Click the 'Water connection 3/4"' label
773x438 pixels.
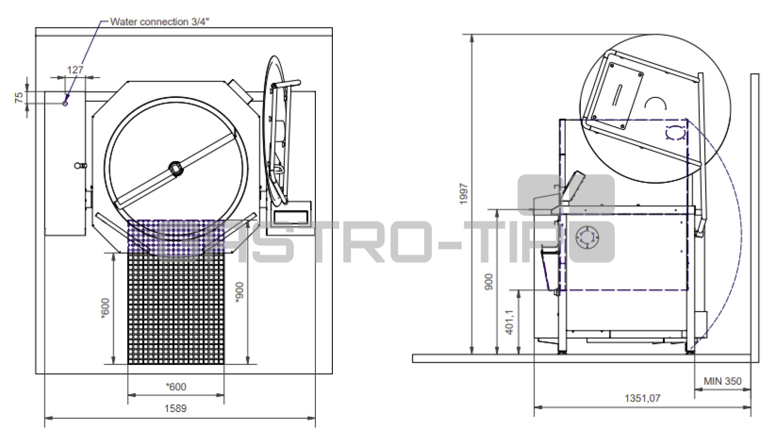tap(160, 22)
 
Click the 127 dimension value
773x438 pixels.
tap(75, 70)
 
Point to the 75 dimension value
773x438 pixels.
tap(19, 97)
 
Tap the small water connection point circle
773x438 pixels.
tap(65, 103)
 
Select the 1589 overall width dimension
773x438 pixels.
tap(175, 409)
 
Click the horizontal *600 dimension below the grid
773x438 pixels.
tap(176, 387)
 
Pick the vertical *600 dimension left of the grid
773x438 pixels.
tap(105, 308)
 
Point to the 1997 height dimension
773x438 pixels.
tap(464, 194)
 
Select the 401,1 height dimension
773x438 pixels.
tap(509, 322)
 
